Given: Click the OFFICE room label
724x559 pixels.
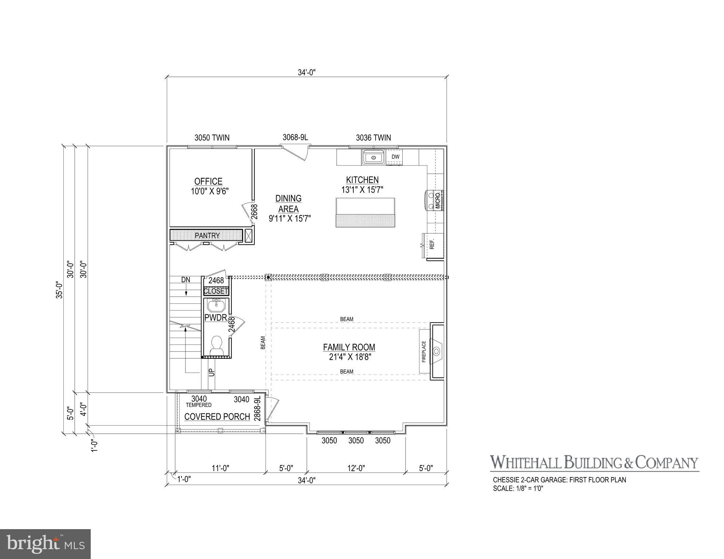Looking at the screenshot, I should coord(208,181).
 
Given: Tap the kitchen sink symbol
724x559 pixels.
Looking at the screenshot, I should coord(373,157).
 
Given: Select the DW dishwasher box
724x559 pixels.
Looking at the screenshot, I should coord(395,157).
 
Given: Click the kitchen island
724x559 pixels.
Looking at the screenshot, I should coord(365,213).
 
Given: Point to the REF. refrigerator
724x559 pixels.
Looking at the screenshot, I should coord(433,244).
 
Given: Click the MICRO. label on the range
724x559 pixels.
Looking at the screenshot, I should coord(438,200).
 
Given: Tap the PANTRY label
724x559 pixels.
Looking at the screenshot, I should coord(207,236).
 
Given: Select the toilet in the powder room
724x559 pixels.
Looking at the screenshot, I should coord(217,345).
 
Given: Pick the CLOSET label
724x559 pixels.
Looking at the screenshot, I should coord(216,291).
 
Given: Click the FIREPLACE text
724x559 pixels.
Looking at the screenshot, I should coord(424,351).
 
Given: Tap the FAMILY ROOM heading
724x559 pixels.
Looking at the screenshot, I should coord(349,347).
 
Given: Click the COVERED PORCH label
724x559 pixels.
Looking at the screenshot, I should coord(217,417).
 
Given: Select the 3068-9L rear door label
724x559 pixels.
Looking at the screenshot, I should coord(295,137).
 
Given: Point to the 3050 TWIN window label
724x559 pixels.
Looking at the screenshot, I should coord(212,138).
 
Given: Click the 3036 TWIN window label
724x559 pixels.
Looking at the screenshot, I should coord(373,138).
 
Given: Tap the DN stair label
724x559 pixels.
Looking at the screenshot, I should coord(185,280).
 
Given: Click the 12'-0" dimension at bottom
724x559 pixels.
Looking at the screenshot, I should coord(356,468).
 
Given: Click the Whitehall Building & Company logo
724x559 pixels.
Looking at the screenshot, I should coord(594,462).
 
